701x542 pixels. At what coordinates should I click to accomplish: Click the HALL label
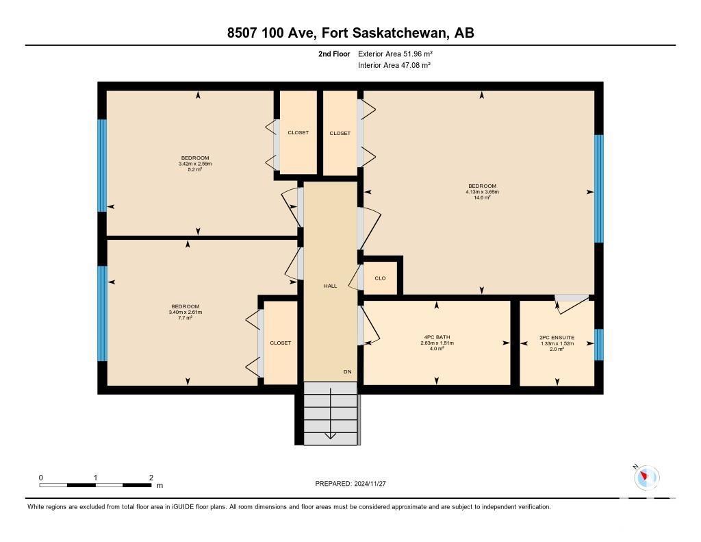(x=331, y=286)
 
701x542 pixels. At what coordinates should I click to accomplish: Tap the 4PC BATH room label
(x=437, y=337)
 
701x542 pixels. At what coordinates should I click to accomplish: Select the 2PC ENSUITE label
(x=557, y=338)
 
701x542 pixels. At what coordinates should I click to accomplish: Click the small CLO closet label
(x=380, y=278)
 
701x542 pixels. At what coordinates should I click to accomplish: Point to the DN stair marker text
(x=347, y=372)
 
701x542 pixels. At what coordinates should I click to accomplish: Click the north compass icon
(x=646, y=477)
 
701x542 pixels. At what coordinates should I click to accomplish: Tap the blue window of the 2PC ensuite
(x=598, y=345)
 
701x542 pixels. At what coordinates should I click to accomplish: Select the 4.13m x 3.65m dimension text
(x=482, y=192)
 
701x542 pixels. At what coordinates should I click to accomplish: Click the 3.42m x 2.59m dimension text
(x=195, y=164)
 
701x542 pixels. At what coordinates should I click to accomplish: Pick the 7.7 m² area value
(x=185, y=318)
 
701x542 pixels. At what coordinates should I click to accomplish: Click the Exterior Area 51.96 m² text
(x=395, y=54)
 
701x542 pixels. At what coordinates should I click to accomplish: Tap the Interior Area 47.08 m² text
(x=394, y=65)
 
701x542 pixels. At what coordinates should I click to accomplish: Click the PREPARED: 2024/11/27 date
(x=350, y=484)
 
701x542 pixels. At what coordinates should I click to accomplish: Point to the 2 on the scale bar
(x=151, y=478)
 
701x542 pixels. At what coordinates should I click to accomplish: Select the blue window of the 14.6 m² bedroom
(x=598, y=188)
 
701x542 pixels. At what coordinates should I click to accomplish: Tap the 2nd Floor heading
(x=334, y=54)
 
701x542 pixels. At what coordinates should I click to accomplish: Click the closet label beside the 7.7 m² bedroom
(x=280, y=343)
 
